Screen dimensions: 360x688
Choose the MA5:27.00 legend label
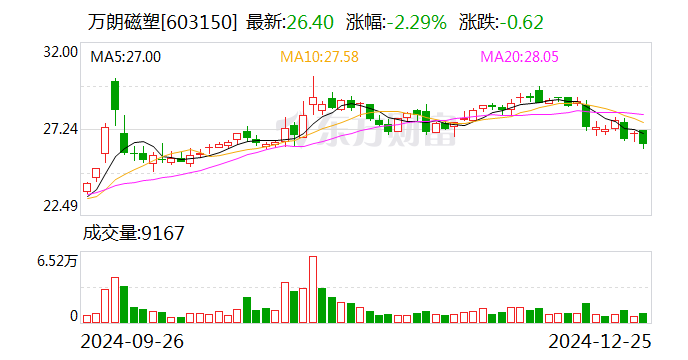click(x=126, y=57)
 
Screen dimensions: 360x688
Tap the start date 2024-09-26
click(x=132, y=341)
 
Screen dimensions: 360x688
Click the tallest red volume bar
click(x=313, y=290)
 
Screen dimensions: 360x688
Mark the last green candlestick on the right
click(x=643, y=137)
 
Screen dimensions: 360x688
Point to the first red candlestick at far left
click(x=87, y=187)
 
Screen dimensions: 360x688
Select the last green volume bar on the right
click(x=643, y=318)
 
